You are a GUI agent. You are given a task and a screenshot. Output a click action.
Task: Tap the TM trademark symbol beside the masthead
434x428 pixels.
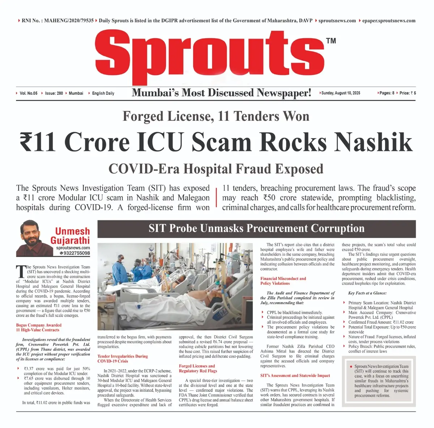pyautogui.click(x=331, y=41)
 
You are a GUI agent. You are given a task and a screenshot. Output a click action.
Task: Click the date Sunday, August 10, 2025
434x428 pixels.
pyautogui.click(x=341, y=93)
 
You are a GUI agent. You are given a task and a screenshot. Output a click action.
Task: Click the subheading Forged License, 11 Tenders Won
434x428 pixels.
pyautogui.click(x=216, y=116)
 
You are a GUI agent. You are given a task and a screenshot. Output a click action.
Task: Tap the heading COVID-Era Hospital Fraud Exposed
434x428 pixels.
pyautogui.click(x=216, y=169)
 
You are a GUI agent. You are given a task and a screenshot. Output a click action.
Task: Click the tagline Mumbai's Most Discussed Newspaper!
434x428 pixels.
pyautogui.click(x=221, y=93)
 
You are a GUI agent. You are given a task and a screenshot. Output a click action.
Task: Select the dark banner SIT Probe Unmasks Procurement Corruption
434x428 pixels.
pyautogui.click(x=256, y=229)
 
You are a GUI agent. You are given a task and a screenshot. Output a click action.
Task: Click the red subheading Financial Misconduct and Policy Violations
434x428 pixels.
pyautogui.click(x=283, y=281)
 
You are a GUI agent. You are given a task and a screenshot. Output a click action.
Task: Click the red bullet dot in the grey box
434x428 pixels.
pyautogui.click(x=351, y=366)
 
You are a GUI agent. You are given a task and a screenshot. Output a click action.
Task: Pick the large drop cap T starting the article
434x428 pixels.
pyautogui.click(x=21, y=272)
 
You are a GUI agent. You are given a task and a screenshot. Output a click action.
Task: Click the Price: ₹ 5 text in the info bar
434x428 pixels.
pyautogui.click(x=408, y=93)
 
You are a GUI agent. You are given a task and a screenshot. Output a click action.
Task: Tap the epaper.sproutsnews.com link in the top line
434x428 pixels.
pyautogui.click(x=389, y=21)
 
